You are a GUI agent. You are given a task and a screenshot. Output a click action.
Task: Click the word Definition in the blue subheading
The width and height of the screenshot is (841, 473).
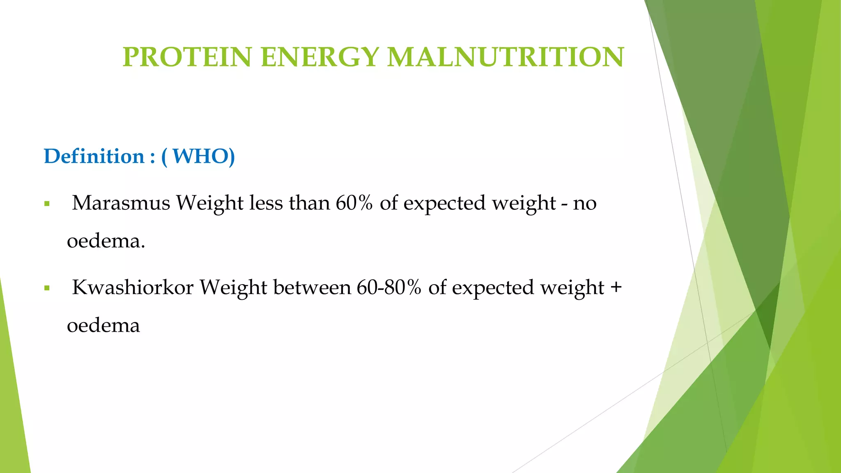click(94, 156)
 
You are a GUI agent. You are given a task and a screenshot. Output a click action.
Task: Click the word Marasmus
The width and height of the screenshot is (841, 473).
click(121, 203)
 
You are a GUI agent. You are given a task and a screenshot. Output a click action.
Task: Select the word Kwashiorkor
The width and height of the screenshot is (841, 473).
click(133, 287)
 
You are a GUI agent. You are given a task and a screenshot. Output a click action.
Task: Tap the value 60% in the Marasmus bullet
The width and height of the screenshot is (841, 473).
click(354, 203)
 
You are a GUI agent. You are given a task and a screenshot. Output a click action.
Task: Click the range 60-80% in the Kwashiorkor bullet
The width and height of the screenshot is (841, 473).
click(389, 287)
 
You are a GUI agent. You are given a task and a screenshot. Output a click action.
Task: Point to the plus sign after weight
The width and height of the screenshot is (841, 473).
click(616, 287)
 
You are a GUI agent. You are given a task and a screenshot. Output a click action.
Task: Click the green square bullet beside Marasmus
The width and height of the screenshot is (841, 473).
click(47, 204)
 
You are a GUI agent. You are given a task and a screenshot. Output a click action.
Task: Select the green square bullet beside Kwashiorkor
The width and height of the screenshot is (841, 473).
click(47, 288)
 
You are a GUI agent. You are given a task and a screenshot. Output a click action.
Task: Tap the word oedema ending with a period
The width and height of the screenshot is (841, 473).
click(106, 241)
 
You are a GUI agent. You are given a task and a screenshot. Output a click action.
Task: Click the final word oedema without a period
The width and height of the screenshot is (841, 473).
click(103, 326)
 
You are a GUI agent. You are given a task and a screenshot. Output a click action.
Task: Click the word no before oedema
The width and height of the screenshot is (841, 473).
click(585, 203)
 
